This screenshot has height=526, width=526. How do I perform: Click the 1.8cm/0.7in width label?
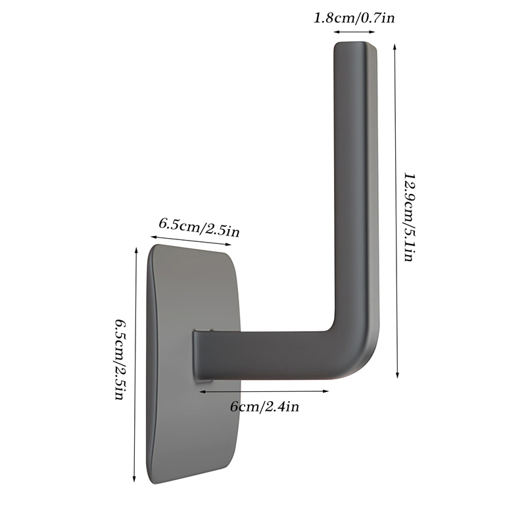point(354,17)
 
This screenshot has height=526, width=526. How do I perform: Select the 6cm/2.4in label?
point(265,407)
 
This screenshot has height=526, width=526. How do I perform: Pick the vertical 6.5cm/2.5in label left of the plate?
point(120,361)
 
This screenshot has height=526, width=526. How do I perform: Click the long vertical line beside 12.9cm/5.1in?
point(396,210)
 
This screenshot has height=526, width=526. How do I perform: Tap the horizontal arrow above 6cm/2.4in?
point(264,391)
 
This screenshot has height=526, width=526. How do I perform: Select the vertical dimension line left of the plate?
point(135,362)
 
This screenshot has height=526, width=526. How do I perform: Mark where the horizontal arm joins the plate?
point(201,355)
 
